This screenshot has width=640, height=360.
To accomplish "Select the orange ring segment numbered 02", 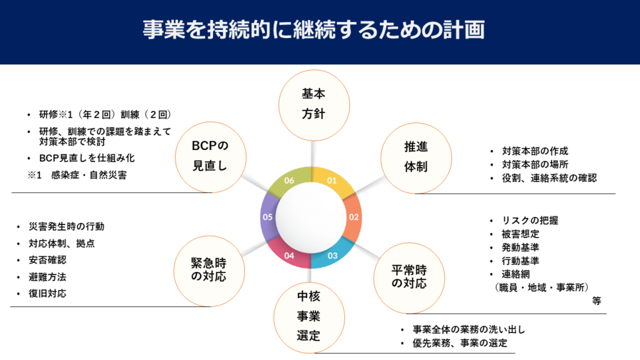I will pyautogui.click(x=353, y=217).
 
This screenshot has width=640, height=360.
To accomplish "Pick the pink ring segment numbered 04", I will pyautogui.click(x=289, y=255).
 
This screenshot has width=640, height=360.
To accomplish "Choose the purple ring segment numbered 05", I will pyautogui.click(x=267, y=217).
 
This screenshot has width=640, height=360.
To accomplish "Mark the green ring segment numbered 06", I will pyautogui.click(x=289, y=181).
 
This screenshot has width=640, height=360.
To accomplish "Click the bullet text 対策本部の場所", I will pyautogui.click(x=535, y=164).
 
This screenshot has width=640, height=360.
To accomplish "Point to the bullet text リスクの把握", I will pyautogui.click(x=530, y=220).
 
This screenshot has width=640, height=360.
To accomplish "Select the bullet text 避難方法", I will pyautogui.click(x=47, y=276).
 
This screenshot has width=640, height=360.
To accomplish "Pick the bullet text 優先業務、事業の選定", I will pyautogui.click(x=459, y=342).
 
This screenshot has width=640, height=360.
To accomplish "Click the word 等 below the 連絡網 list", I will pyautogui.click(x=596, y=300).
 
